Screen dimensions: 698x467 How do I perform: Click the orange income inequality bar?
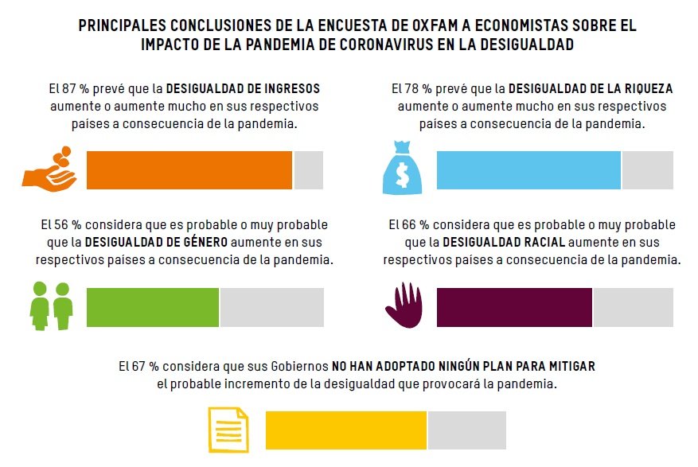pyautogui.click(x=189, y=170)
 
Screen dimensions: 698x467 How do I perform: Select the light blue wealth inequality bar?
pyautogui.click(x=528, y=170)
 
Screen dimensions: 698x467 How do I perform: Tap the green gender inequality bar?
pyautogui.click(x=153, y=307)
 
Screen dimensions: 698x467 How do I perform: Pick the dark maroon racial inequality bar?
pyautogui.click(x=514, y=307)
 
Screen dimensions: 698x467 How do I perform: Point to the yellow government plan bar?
pyautogui.click(x=346, y=430)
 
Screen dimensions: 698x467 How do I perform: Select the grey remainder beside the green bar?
pyautogui.click(x=272, y=307)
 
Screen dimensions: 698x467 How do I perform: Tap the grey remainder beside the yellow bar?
pyautogui.click(x=467, y=430)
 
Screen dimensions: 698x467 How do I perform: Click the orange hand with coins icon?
pyautogui.click(x=49, y=169)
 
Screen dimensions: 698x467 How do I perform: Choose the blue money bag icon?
pyautogui.click(x=402, y=168)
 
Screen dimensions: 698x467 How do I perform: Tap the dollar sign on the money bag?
pyautogui.click(x=403, y=175)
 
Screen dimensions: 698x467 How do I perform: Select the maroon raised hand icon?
pyautogui.click(x=404, y=305)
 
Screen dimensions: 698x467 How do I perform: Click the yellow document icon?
pyautogui.click(x=228, y=430)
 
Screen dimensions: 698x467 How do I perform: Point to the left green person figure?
pyautogui.click(x=40, y=306)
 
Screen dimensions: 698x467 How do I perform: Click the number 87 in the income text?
pyautogui.click(x=69, y=89)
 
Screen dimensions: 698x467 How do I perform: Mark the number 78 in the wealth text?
pyautogui.click(x=411, y=89)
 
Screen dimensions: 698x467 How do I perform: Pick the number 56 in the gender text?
pyautogui.click(x=60, y=224)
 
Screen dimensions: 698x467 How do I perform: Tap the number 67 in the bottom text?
pyautogui.click(x=139, y=367)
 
